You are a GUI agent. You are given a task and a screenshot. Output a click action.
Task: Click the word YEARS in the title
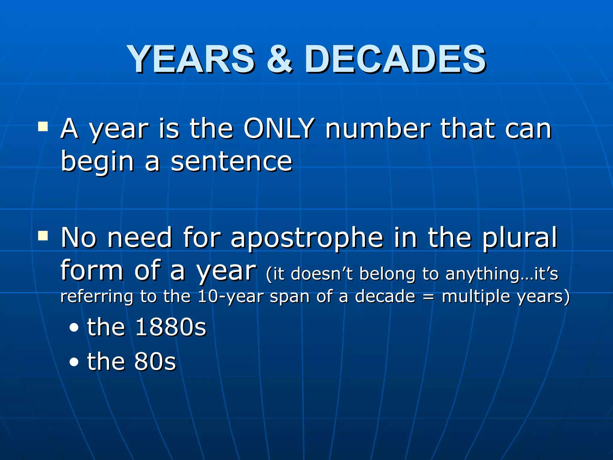click(192, 59)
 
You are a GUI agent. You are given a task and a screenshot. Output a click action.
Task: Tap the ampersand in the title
click(279, 59)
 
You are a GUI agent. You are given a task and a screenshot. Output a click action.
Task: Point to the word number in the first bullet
click(378, 129)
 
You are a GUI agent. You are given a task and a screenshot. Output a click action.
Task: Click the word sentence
click(231, 161)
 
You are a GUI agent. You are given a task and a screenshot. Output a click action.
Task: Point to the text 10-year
click(231, 296)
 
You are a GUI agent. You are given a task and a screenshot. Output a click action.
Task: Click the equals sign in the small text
click(428, 296)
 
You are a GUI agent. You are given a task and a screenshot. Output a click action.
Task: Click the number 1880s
click(171, 327)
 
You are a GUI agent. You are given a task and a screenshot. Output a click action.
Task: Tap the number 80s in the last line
click(155, 361)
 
